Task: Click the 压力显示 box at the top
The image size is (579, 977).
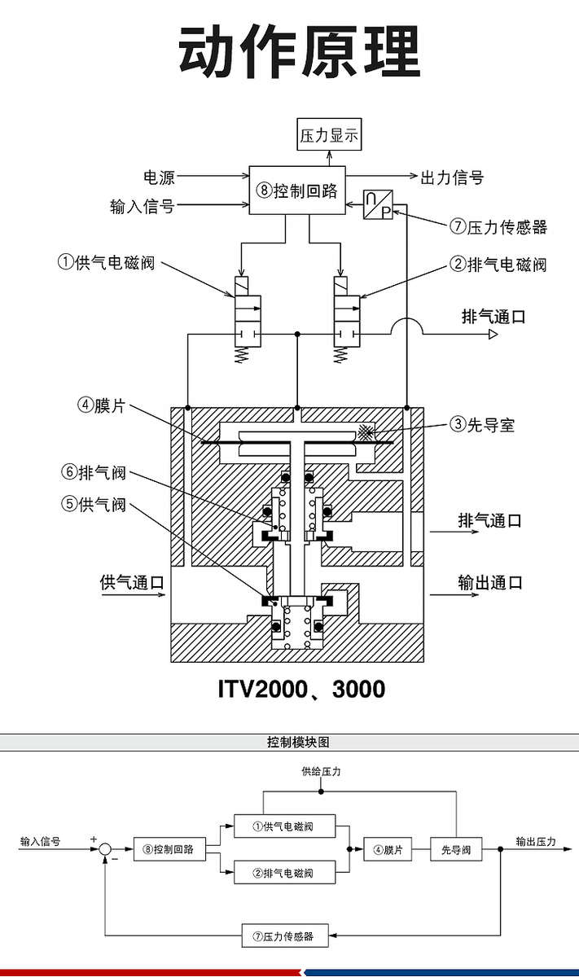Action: [x=329, y=135]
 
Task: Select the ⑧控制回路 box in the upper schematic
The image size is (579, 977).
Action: [x=296, y=191]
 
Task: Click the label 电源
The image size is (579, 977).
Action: [x=159, y=176]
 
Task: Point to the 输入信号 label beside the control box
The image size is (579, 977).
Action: [x=142, y=205]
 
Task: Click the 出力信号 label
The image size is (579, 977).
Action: [x=452, y=177]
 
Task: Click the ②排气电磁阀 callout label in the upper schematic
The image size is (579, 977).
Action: [x=498, y=265]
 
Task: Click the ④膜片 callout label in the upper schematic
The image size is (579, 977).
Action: [x=102, y=405]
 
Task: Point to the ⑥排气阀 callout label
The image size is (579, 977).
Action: [x=94, y=473]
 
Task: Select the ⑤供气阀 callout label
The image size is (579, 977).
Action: [x=94, y=505]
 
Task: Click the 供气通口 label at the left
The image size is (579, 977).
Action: [x=132, y=582]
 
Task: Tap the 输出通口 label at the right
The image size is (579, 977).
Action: [x=489, y=582]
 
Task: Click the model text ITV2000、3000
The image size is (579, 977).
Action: [x=301, y=690]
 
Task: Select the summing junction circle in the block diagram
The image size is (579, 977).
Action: [x=106, y=849]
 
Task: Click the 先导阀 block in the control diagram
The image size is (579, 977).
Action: [x=456, y=849]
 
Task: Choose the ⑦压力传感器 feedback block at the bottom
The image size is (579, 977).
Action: [x=279, y=936]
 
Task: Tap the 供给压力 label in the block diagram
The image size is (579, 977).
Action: [x=321, y=771]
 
